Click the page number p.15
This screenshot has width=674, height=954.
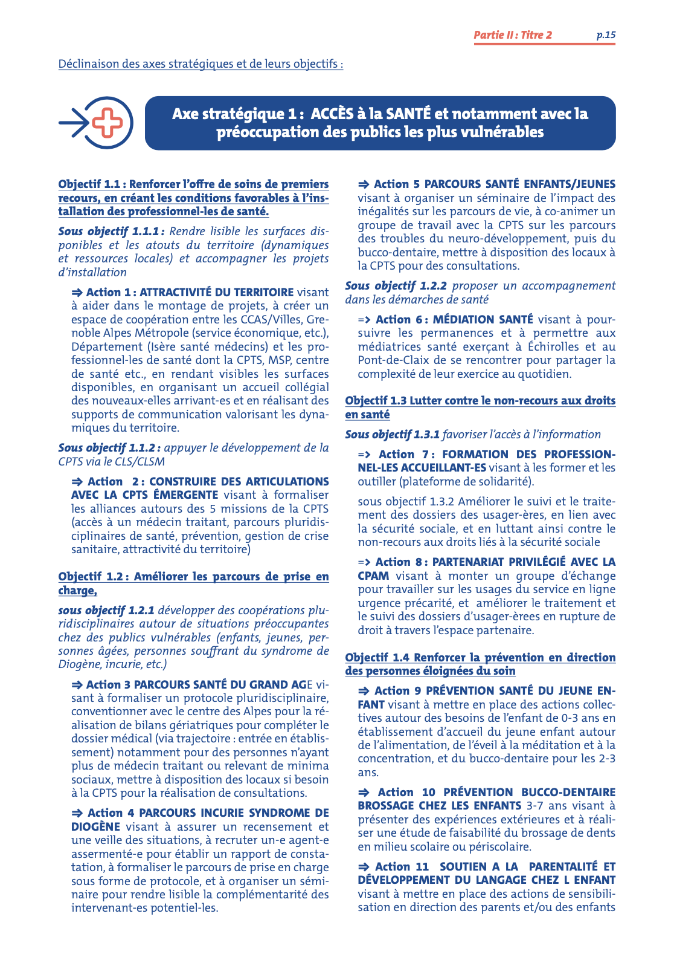click(x=606, y=35)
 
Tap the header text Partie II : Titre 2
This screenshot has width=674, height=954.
click(x=512, y=35)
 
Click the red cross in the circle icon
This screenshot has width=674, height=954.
click(x=108, y=123)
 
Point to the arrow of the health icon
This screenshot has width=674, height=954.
click(x=74, y=123)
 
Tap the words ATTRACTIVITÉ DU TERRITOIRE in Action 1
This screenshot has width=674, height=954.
click(x=216, y=293)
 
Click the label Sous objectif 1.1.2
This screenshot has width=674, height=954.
click(x=109, y=448)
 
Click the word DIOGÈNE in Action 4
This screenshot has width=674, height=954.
click(x=95, y=826)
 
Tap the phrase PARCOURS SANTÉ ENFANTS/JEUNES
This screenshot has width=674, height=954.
click(x=519, y=184)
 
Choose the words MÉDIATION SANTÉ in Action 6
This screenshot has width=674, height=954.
click(x=483, y=319)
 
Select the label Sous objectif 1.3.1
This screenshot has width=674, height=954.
click(x=392, y=435)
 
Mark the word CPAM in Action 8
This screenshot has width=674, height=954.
click(x=373, y=576)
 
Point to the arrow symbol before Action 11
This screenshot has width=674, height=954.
click(x=364, y=867)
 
